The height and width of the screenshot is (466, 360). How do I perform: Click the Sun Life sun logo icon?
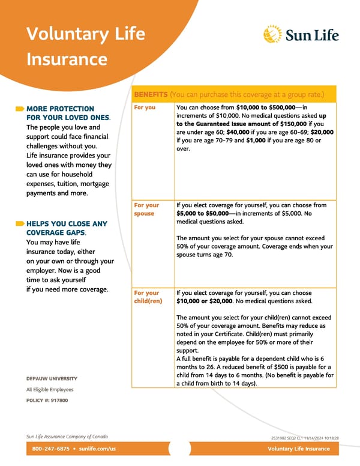(273, 34)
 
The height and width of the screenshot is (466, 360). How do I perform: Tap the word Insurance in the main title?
(67, 59)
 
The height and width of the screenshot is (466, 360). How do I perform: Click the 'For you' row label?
(145, 107)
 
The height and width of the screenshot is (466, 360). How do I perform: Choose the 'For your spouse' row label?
(146, 209)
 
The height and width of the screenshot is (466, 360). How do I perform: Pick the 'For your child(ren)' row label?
(148, 297)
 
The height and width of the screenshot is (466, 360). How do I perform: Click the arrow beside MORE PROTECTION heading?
(20, 109)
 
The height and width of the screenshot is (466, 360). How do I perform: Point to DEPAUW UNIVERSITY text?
(52, 379)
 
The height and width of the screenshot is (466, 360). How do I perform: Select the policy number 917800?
(59, 401)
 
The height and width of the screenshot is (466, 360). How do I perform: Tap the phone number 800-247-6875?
(49, 449)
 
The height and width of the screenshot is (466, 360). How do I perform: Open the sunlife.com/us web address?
(94, 449)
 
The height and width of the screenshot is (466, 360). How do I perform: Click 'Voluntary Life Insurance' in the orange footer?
(299, 449)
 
